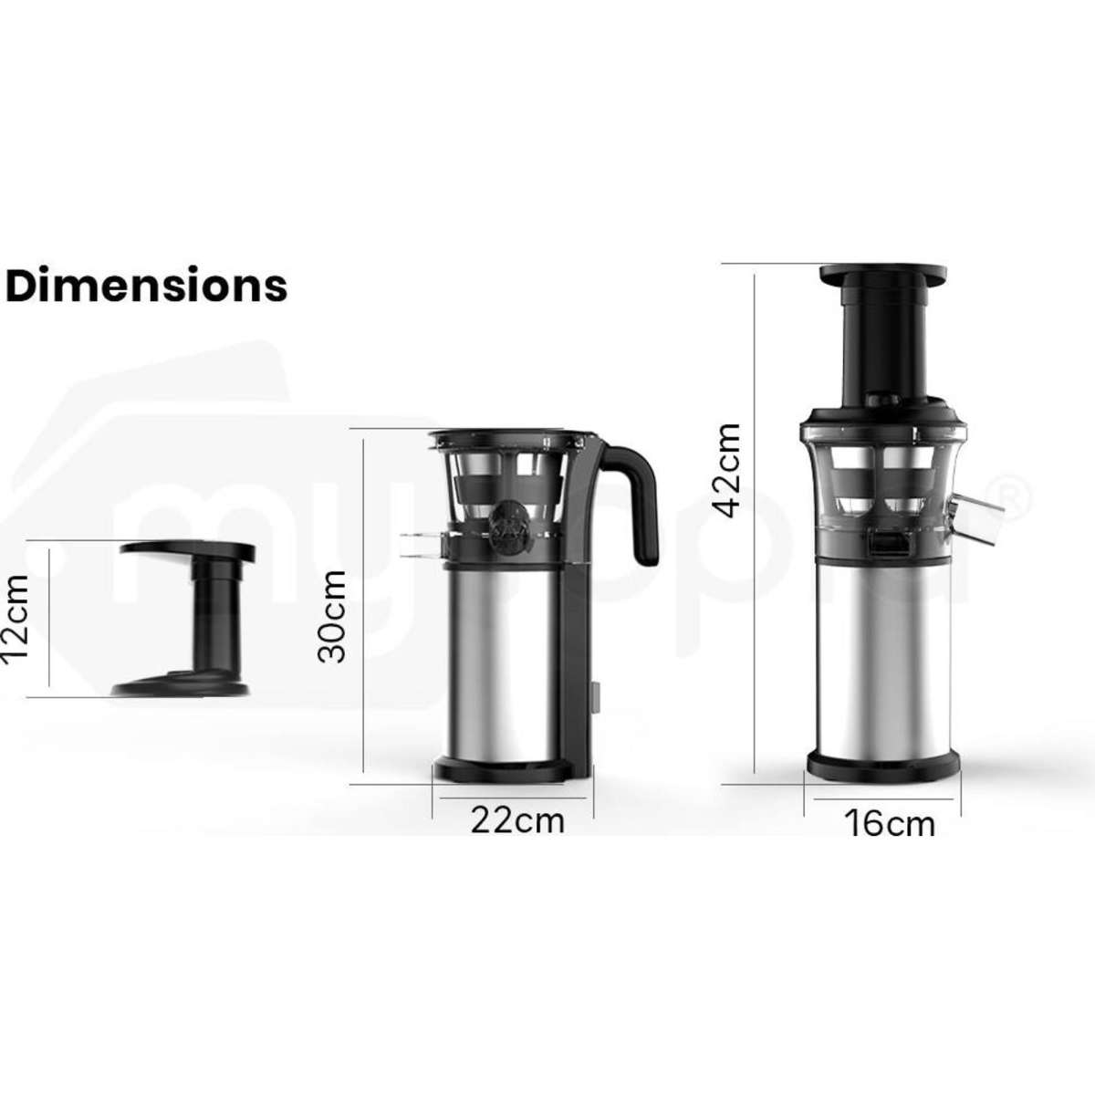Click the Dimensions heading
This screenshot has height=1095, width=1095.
(147, 286)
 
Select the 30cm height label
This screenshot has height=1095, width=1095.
(330, 616)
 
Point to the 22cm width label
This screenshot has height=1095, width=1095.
(517, 819)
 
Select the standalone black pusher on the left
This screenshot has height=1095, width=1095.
(182, 620)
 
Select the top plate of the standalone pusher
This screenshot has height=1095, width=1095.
(187, 550)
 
